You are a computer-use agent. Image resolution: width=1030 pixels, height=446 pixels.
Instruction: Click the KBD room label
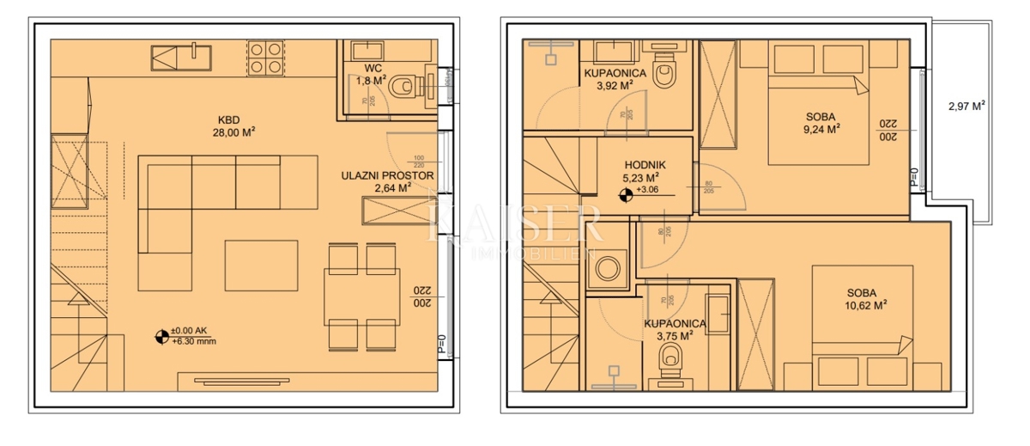[x=227, y=119]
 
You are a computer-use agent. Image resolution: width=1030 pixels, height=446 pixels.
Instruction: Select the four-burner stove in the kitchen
[x=265, y=57]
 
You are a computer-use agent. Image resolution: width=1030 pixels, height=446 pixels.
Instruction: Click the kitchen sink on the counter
[x=182, y=58]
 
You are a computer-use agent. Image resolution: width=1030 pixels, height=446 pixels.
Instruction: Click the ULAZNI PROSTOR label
[x=387, y=175]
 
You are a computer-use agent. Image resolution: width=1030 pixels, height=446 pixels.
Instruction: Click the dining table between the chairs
[x=360, y=297]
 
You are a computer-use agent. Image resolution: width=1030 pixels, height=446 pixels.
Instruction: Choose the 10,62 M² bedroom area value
[x=864, y=303]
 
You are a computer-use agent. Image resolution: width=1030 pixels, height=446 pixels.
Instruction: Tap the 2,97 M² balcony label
[x=966, y=107]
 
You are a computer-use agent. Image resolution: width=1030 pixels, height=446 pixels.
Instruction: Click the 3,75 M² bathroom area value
[x=674, y=336]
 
